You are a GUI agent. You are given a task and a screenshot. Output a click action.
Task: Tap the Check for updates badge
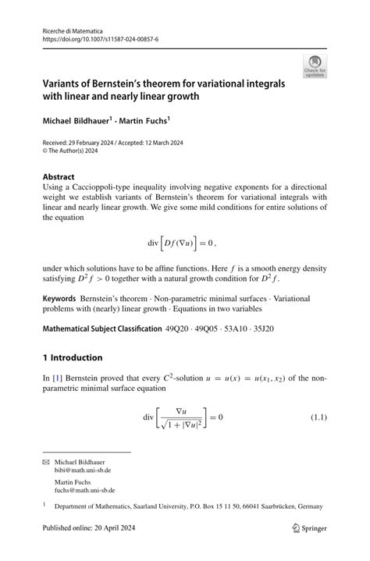pos(315,67)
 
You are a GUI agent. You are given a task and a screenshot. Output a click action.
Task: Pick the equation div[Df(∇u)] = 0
pos(184,244)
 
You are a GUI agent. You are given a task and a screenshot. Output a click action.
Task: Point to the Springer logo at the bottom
pos(309,528)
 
